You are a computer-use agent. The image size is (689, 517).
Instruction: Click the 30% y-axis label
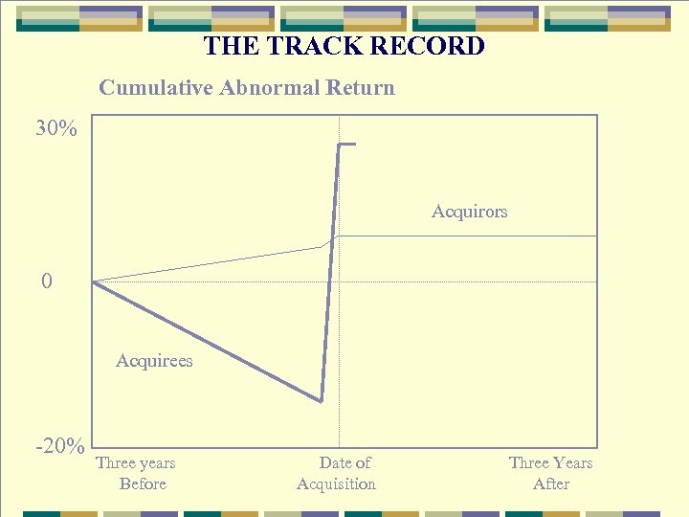56,128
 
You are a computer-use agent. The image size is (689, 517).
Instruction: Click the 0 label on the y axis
47,281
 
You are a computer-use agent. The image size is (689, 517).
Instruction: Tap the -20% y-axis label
60,447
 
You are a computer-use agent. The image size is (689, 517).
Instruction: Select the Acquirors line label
469,212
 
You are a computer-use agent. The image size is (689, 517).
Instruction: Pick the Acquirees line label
154,361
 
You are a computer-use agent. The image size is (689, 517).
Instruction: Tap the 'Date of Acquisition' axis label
337,473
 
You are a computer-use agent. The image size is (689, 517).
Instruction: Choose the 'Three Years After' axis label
551,473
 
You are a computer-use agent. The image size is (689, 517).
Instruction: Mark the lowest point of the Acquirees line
322,401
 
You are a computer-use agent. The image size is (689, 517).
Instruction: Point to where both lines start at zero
93,281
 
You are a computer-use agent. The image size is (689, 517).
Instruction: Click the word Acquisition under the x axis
337,484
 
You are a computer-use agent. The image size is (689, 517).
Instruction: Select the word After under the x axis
551,484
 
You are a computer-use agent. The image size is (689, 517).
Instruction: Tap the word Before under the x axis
143,484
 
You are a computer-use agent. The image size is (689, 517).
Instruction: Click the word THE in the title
228,46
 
